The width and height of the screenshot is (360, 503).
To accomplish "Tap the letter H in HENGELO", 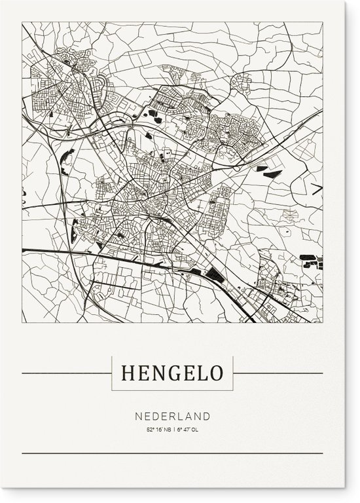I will pos(127,374).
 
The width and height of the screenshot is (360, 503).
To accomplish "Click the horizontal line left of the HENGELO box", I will pos(65,374).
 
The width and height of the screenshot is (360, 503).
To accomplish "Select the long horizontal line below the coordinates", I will pos(173,453).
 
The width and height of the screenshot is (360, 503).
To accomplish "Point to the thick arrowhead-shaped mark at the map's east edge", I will pos(317,189).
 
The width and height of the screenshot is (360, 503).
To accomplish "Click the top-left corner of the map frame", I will pos(22,22).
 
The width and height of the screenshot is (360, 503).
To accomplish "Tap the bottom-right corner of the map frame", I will pos(323,323).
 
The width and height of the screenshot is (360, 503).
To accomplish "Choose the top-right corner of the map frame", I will pos(323,22).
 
